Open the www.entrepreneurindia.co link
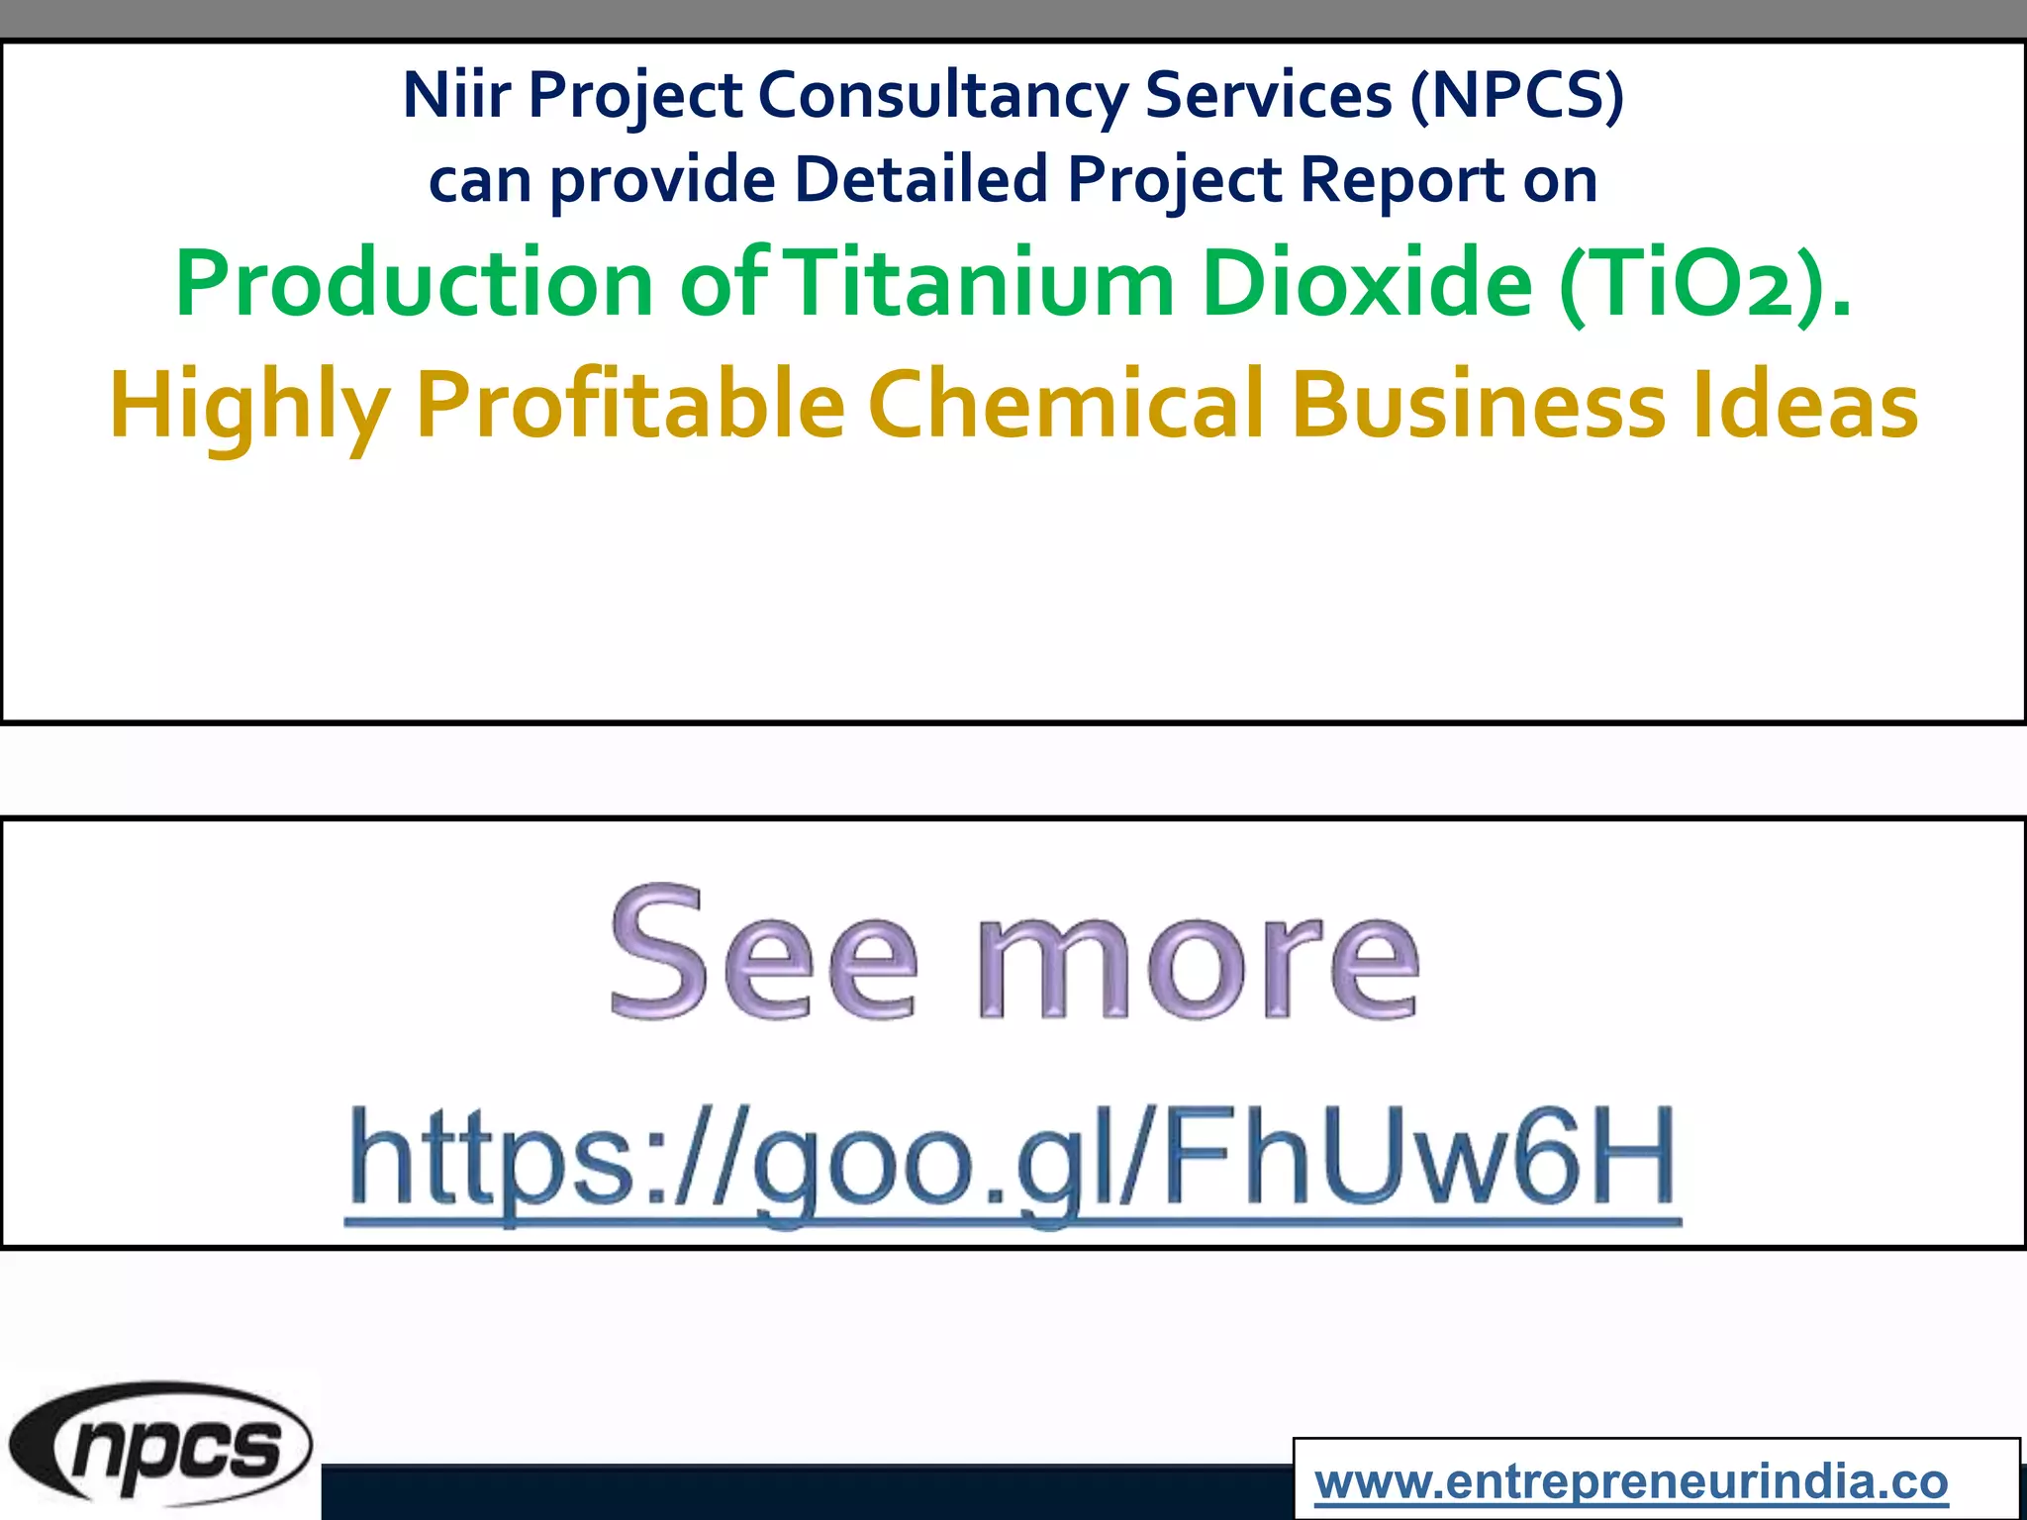[1631, 1482]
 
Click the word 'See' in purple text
[763, 955]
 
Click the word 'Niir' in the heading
[456, 95]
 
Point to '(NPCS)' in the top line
[1517, 95]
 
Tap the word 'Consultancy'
[942, 97]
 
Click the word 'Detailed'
[920, 180]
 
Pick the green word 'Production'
[414, 284]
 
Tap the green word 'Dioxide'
[1367, 284]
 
